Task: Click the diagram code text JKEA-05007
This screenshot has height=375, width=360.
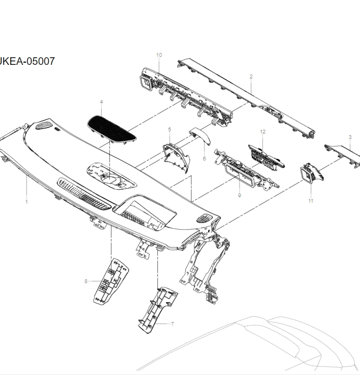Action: (x=27, y=61)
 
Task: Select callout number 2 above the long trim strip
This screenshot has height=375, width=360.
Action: (x=251, y=77)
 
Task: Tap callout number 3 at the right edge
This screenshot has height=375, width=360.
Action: (x=350, y=137)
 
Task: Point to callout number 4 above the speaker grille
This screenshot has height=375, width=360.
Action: (x=101, y=102)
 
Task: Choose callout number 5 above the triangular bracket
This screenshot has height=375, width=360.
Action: (x=169, y=130)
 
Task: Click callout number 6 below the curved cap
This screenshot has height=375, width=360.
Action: (x=204, y=158)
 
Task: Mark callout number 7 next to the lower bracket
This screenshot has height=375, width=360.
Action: (x=172, y=324)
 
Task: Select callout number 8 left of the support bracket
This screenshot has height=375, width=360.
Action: (x=85, y=281)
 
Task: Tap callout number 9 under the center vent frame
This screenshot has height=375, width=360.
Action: (x=239, y=195)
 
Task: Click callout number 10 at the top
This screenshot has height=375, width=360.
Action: (x=159, y=55)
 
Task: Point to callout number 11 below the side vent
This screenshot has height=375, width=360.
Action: (x=311, y=201)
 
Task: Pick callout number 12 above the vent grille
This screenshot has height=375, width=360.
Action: (x=263, y=132)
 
